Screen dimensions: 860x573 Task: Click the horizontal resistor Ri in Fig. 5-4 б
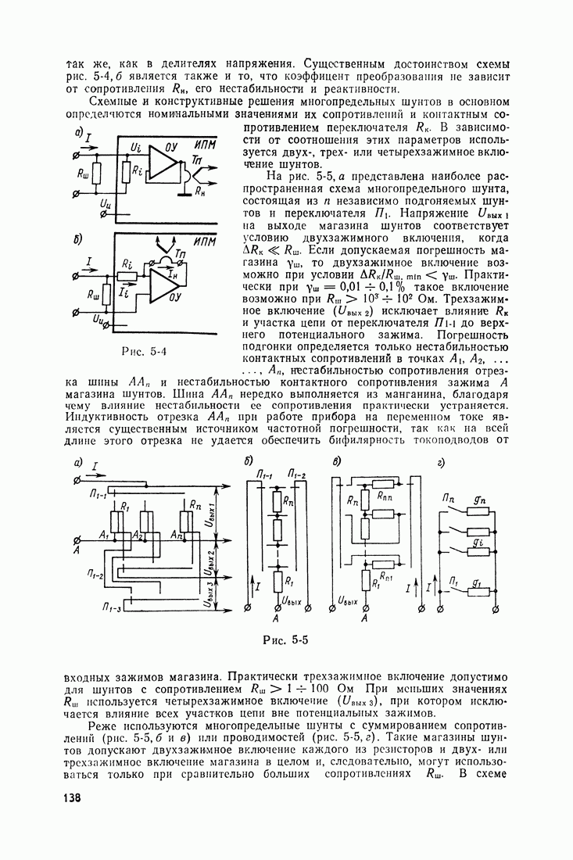click(123, 275)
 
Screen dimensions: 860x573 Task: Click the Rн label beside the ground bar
click(201, 190)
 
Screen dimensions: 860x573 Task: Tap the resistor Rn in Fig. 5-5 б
click(277, 500)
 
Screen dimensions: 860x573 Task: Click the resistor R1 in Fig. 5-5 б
click(277, 582)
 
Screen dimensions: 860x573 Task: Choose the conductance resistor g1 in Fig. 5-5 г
click(478, 592)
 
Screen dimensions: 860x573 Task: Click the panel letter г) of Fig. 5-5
click(442, 464)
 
